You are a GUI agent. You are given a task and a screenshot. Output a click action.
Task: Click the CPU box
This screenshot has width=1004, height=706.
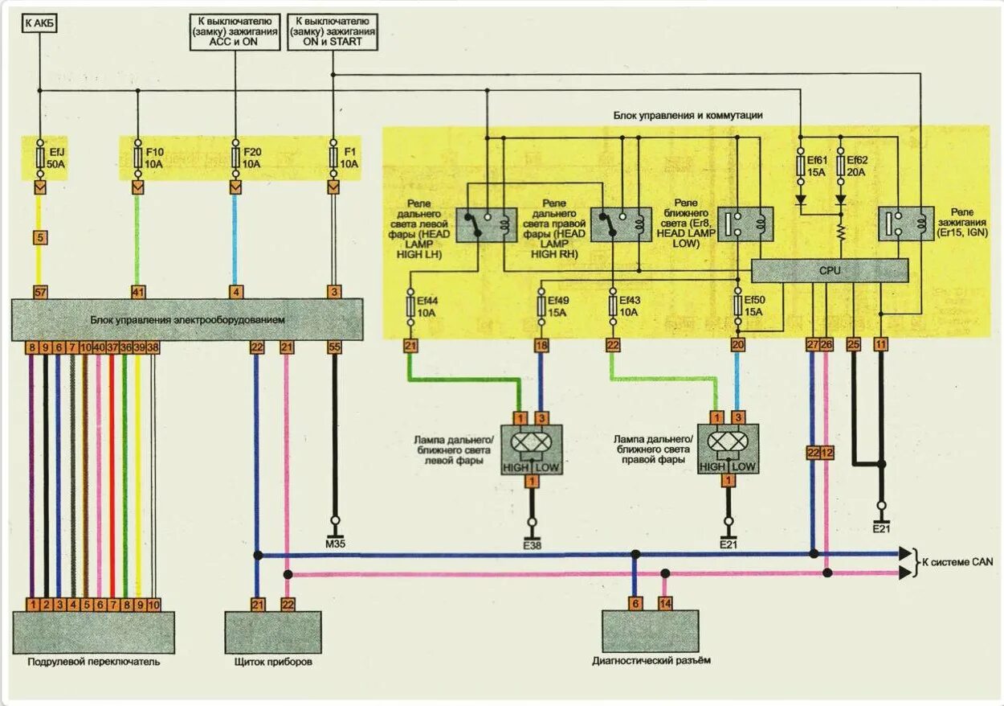tap(829, 271)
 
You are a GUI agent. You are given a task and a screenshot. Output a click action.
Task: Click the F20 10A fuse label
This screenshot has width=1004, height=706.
tap(252, 157)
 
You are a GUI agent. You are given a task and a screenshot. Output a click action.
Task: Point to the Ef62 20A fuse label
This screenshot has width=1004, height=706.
tap(857, 166)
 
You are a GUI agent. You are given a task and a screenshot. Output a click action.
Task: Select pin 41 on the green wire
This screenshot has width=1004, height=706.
tap(138, 292)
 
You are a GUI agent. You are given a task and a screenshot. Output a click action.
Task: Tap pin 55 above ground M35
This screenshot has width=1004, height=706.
tap(334, 347)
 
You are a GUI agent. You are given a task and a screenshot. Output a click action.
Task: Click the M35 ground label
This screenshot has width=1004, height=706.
tap(334, 544)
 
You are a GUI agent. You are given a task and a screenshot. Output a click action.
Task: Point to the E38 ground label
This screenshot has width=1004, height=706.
tap(530, 544)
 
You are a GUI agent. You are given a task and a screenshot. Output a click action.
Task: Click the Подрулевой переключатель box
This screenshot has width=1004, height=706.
tap(93, 632)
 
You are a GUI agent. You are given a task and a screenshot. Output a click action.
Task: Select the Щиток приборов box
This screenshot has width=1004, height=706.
tap(273, 632)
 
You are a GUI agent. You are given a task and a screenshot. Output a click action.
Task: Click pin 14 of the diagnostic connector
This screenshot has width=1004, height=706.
tap(665, 603)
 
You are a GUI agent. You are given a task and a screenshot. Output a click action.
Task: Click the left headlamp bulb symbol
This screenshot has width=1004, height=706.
tap(530, 442)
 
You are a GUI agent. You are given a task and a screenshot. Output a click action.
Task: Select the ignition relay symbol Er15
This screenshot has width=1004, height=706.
tap(904, 224)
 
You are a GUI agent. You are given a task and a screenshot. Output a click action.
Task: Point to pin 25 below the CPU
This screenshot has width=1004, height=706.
tap(854, 344)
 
